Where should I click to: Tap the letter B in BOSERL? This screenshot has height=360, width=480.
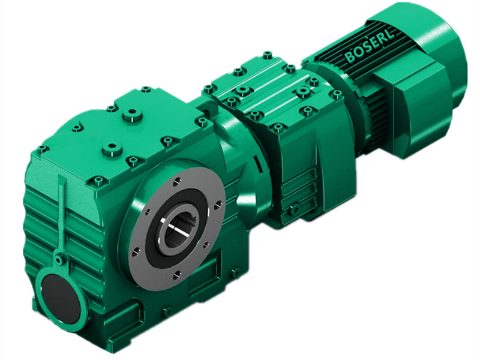(350, 58)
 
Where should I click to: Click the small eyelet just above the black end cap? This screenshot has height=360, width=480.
(58, 260)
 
